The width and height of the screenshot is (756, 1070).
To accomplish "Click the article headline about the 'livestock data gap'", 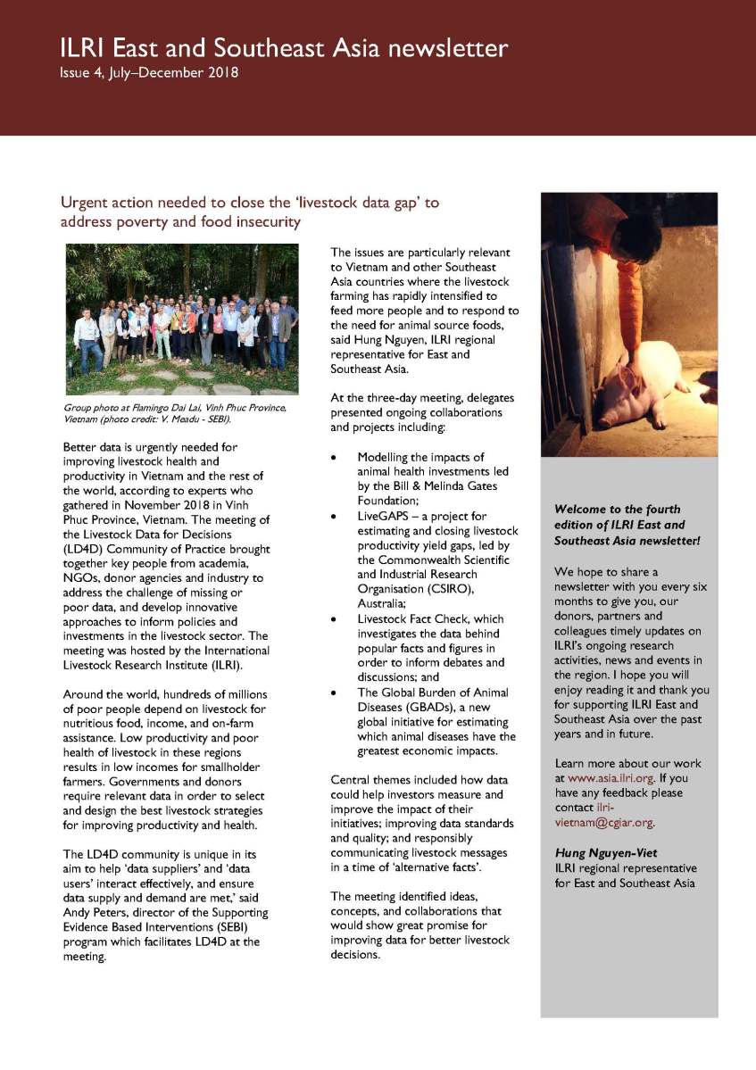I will (x=249, y=212).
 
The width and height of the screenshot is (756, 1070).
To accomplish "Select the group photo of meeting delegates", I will (x=182, y=319).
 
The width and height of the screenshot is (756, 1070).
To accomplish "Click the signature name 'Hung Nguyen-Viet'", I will (x=606, y=853).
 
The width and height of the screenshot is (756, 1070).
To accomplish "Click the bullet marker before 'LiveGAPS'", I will (x=334, y=517).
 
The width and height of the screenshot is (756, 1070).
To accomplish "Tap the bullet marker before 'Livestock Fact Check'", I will (x=334, y=618).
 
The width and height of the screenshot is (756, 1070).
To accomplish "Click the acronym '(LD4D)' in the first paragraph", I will (x=83, y=549).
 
